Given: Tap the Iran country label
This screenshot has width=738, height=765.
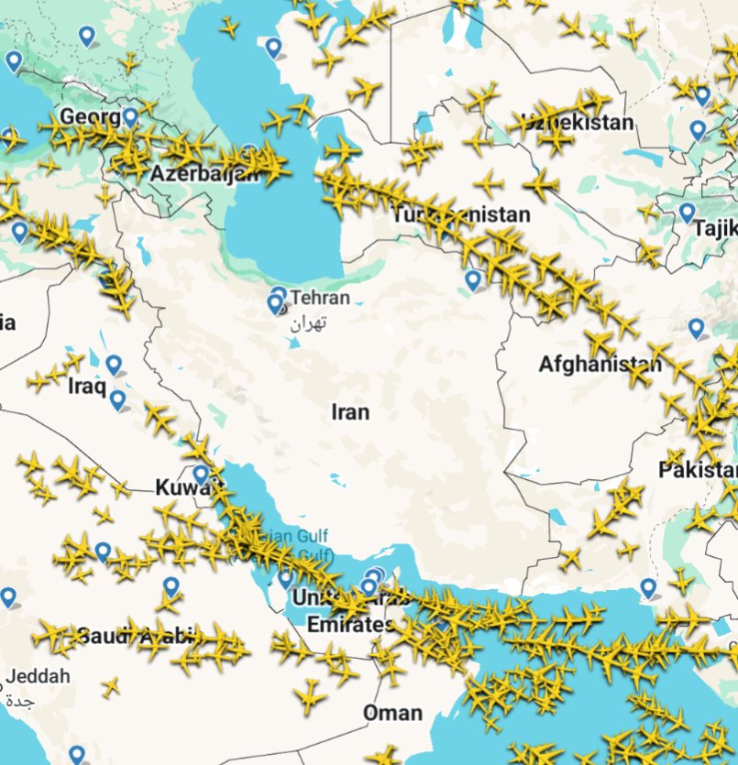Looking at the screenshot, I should pyautogui.click(x=350, y=412).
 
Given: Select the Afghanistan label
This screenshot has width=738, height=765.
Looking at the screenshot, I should pyautogui.click(x=599, y=365).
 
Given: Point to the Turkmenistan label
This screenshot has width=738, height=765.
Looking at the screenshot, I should pyautogui.click(x=461, y=215).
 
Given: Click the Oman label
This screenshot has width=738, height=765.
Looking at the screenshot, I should pyautogui.click(x=392, y=713).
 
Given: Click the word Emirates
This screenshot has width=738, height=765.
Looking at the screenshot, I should pyautogui.click(x=337, y=625).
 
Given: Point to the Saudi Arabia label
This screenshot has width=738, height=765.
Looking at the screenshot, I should pyautogui.click(x=138, y=634).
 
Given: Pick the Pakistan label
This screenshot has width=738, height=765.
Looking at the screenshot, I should pyautogui.click(x=698, y=471).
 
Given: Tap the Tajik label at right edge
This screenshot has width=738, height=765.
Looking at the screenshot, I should pyautogui.click(x=716, y=228).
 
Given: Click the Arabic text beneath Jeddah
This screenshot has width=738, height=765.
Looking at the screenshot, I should pyautogui.click(x=20, y=702).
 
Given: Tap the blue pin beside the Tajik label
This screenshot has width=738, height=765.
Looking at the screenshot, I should pyautogui.click(x=688, y=213).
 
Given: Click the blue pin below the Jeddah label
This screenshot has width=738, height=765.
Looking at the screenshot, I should pyautogui.click(x=77, y=754).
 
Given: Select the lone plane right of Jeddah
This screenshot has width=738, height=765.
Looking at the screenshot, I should pyautogui.click(x=111, y=686).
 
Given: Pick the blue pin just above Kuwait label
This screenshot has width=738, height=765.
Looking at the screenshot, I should pyautogui.click(x=201, y=474).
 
